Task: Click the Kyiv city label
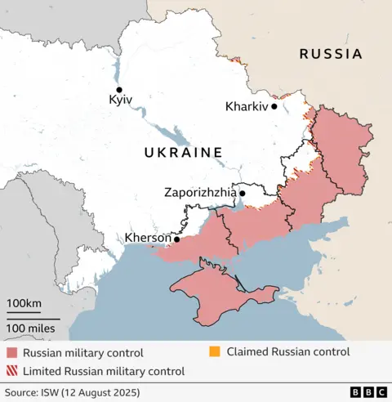click(120, 100)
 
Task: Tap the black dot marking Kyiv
click(119, 90)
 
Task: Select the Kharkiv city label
click(247, 106)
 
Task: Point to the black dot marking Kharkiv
click(275, 106)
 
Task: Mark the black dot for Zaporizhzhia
click(242, 194)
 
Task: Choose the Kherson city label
click(147, 239)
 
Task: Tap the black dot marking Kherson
click(176, 239)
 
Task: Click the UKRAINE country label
click(183, 152)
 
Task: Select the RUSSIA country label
click(330, 55)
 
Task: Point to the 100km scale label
click(24, 304)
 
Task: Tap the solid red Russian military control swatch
click(11, 353)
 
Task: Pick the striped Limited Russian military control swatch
click(11, 371)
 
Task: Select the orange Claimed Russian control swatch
click(216, 352)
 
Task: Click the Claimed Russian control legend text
click(287, 352)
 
